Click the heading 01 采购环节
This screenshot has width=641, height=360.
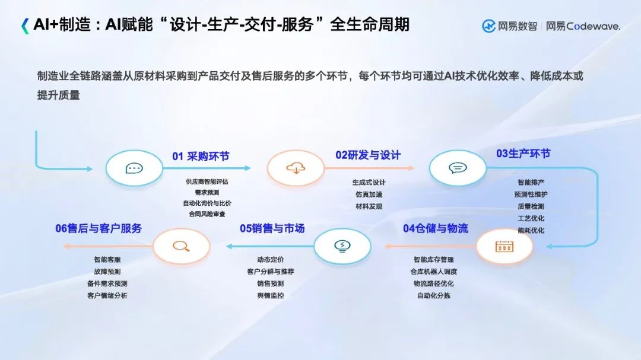click(201, 157)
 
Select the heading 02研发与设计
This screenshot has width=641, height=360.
click(368, 155)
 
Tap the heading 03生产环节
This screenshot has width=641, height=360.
click(523, 154)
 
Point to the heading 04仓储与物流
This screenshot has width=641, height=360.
click(436, 228)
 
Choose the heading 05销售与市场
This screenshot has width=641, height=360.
click(272, 228)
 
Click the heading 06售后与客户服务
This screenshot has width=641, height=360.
click(99, 228)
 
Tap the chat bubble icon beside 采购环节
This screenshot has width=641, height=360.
click(134, 168)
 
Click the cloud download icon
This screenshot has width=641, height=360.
click(296, 168)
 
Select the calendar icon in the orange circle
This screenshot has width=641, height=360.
click(504, 246)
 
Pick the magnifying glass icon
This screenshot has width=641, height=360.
click(181, 246)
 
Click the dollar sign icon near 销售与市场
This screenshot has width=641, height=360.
click(342, 246)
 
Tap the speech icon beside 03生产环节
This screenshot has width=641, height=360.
click(458, 168)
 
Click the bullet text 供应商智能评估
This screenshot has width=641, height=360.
click(207, 182)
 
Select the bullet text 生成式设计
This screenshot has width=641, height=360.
click(369, 183)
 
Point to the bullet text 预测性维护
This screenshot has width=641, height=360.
click(531, 195)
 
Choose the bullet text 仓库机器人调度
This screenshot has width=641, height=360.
click(433, 272)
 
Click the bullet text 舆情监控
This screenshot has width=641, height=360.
click(270, 295)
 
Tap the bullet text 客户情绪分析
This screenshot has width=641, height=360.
click(107, 295)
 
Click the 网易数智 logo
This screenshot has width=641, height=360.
click(509, 26)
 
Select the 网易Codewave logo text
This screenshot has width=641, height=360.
click(583, 26)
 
